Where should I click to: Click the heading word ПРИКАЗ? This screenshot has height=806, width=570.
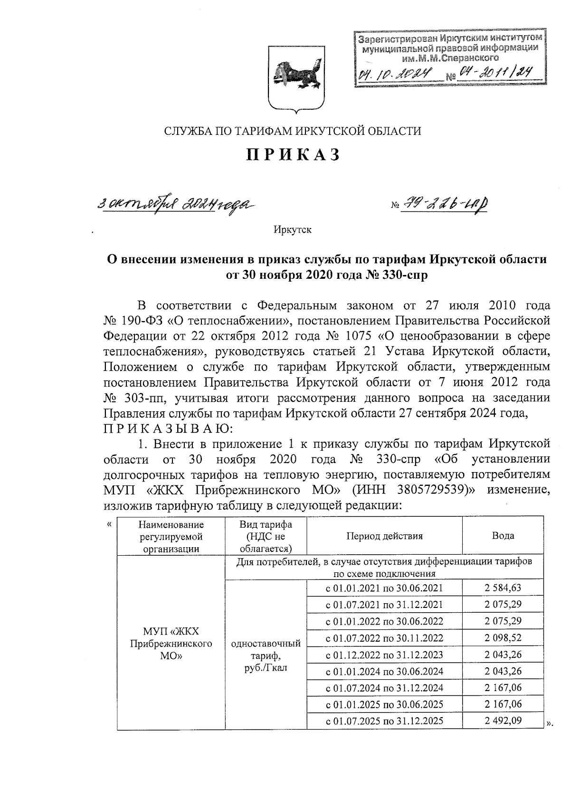pos(293,155)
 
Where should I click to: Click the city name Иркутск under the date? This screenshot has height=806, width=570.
pos(293,230)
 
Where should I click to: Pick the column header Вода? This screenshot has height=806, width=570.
pos(503,536)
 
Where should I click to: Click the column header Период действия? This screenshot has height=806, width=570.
pos(384,536)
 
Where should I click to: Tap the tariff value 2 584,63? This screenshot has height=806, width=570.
pos(503,588)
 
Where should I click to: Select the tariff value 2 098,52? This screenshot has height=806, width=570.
pos(503,638)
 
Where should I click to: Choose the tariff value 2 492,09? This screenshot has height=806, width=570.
pos(503,721)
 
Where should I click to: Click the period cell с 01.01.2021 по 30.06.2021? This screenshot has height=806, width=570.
pos(384,588)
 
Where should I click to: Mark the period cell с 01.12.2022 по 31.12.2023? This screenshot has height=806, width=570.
pos(384,654)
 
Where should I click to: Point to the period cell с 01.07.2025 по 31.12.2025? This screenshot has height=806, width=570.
pos(384,721)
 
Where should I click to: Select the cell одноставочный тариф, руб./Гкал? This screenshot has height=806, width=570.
pos(266,655)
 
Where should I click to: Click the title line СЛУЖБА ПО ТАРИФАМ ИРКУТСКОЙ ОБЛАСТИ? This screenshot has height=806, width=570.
pos(293,131)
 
